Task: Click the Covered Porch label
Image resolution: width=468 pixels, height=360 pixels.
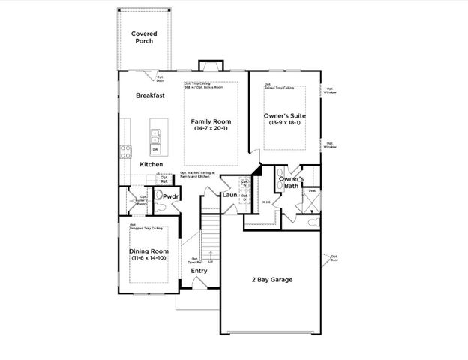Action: pos(142,37)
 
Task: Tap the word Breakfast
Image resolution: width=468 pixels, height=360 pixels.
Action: pos(149,95)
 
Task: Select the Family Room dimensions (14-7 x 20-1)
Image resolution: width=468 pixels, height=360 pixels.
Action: pos(210,130)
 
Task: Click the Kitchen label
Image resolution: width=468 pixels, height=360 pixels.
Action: pos(151,164)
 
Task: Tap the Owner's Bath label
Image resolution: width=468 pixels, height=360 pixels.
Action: pos(291,184)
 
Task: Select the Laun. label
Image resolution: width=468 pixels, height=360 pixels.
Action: pos(229,196)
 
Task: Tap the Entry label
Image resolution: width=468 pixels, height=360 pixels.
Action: pos(199,271)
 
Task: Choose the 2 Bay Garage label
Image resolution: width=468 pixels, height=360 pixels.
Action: pos(271,280)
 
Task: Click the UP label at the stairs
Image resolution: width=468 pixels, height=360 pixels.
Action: pos(211,261)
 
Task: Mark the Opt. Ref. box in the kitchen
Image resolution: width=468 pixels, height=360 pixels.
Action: pos(163,179)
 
